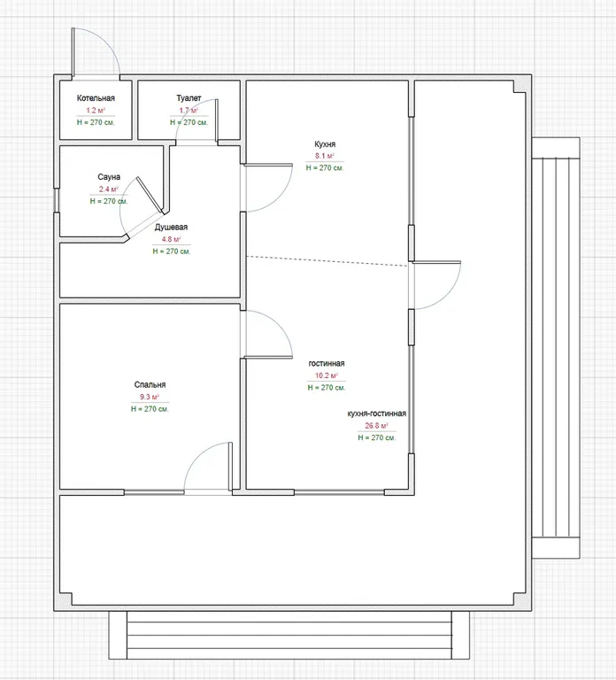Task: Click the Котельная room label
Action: click(96, 98)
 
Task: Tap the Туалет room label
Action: click(189, 98)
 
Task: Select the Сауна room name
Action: click(109, 177)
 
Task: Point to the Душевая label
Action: click(171, 228)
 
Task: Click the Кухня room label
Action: click(325, 144)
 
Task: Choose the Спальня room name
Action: click(150, 384)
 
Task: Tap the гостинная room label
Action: click(327, 363)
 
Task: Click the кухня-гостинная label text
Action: click(377, 413)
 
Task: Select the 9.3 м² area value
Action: click(150, 397)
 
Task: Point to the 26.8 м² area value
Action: click(376, 425)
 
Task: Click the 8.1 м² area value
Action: click(325, 156)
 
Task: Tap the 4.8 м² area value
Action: click(171, 239)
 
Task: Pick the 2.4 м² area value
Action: click(108, 189)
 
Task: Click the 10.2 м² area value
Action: click(327, 375)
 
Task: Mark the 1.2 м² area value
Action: click(96, 110)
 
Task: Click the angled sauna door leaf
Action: click(150, 195)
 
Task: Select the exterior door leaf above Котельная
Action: click(73, 51)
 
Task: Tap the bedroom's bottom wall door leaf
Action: click(231, 466)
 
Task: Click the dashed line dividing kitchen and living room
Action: click(327, 261)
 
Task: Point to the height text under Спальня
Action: click(150, 409)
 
